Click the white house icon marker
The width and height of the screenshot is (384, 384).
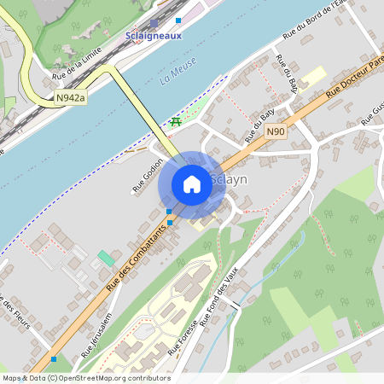(x=192, y=184)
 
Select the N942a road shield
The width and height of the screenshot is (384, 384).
(x=71, y=99)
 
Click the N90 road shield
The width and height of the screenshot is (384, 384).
(x=274, y=131)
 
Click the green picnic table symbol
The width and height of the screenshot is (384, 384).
(x=176, y=122)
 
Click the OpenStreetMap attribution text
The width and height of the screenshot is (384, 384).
(x=85, y=378)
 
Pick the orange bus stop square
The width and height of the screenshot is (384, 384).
(x=170, y=222)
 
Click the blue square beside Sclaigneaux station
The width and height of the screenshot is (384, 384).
(x=178, y=19)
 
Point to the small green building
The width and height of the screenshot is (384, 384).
(x=105, y=257)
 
